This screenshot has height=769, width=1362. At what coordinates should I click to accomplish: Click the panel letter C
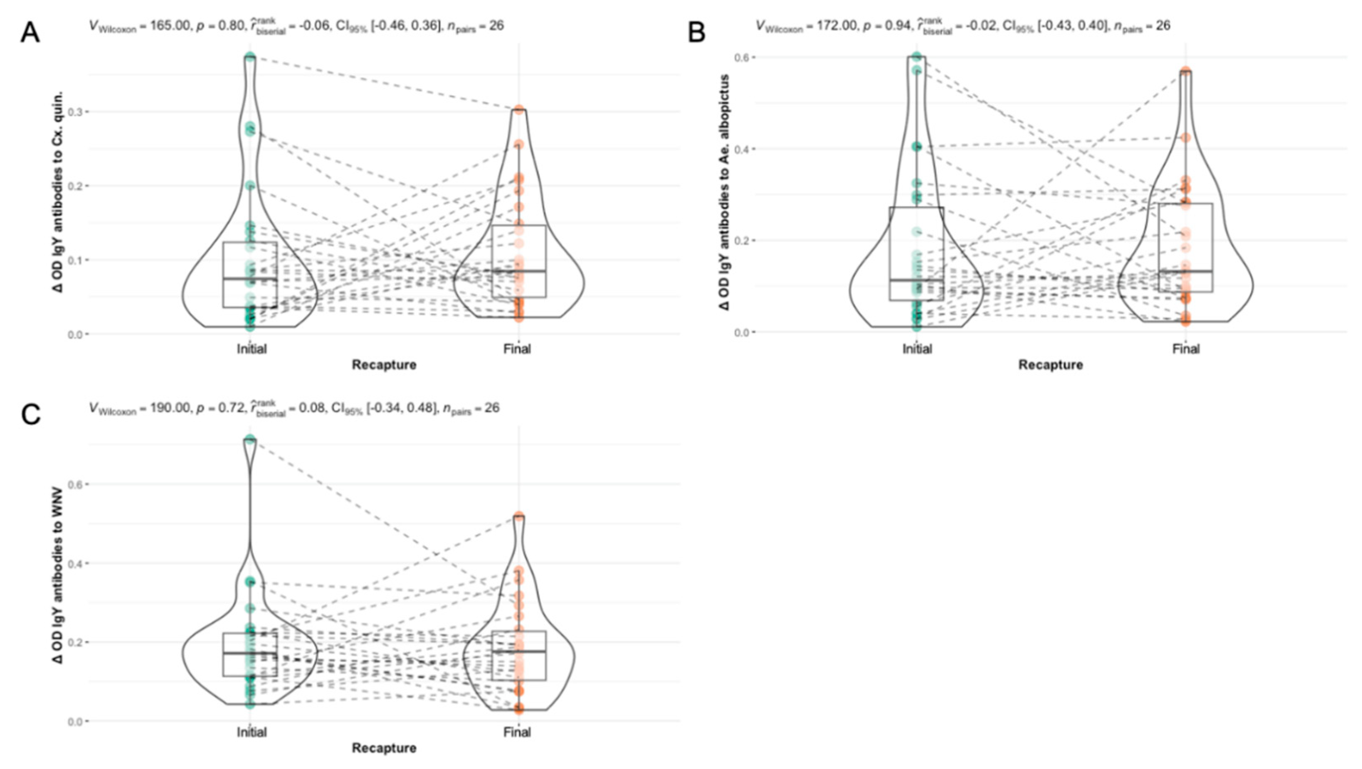30,415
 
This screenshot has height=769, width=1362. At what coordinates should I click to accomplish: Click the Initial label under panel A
252,349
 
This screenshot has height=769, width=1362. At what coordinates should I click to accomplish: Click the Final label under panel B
1186,349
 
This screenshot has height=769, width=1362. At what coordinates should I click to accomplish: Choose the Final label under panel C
517,732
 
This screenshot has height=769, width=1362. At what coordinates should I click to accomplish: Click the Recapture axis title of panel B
1051,365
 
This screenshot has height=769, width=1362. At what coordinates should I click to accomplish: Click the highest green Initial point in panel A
251,57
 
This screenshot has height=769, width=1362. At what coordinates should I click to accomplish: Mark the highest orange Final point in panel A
519,110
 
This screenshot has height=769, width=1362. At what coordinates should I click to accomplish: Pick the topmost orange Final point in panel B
1186,71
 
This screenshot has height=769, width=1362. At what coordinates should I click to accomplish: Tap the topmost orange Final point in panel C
519,516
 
